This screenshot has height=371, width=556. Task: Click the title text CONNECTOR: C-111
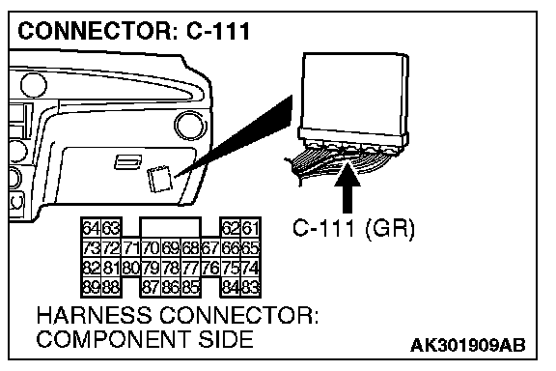tap(134, 31)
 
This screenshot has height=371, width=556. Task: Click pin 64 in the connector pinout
tap(92, 228)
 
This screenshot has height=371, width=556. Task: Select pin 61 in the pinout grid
tap(251, 228)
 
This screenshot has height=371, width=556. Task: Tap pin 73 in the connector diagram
tap(92, 247)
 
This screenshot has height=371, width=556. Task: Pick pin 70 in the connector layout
tap(151, 247)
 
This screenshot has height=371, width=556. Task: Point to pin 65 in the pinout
tap(251, 247)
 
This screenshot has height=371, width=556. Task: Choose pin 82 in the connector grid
tap(92, 268)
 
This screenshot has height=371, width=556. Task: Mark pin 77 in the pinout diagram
tap(191, 268)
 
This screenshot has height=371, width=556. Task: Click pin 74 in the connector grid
tap(251, 268)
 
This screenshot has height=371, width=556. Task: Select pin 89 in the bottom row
tap(92, 287)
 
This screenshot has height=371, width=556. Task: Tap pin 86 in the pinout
tap(171, 287)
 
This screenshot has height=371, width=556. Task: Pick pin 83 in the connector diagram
tap(251, 287)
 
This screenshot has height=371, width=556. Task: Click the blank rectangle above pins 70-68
tap(171, 227)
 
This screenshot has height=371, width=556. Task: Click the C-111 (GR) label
tap(353, 228)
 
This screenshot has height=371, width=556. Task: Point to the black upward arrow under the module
tap(347, 187)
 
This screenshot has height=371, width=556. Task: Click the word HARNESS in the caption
tap(95, 315)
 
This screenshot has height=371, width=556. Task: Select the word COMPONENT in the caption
tap(113, 339)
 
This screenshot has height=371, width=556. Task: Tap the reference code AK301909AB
tap(468, 345)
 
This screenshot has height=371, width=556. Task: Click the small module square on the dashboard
tap(159, 179)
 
